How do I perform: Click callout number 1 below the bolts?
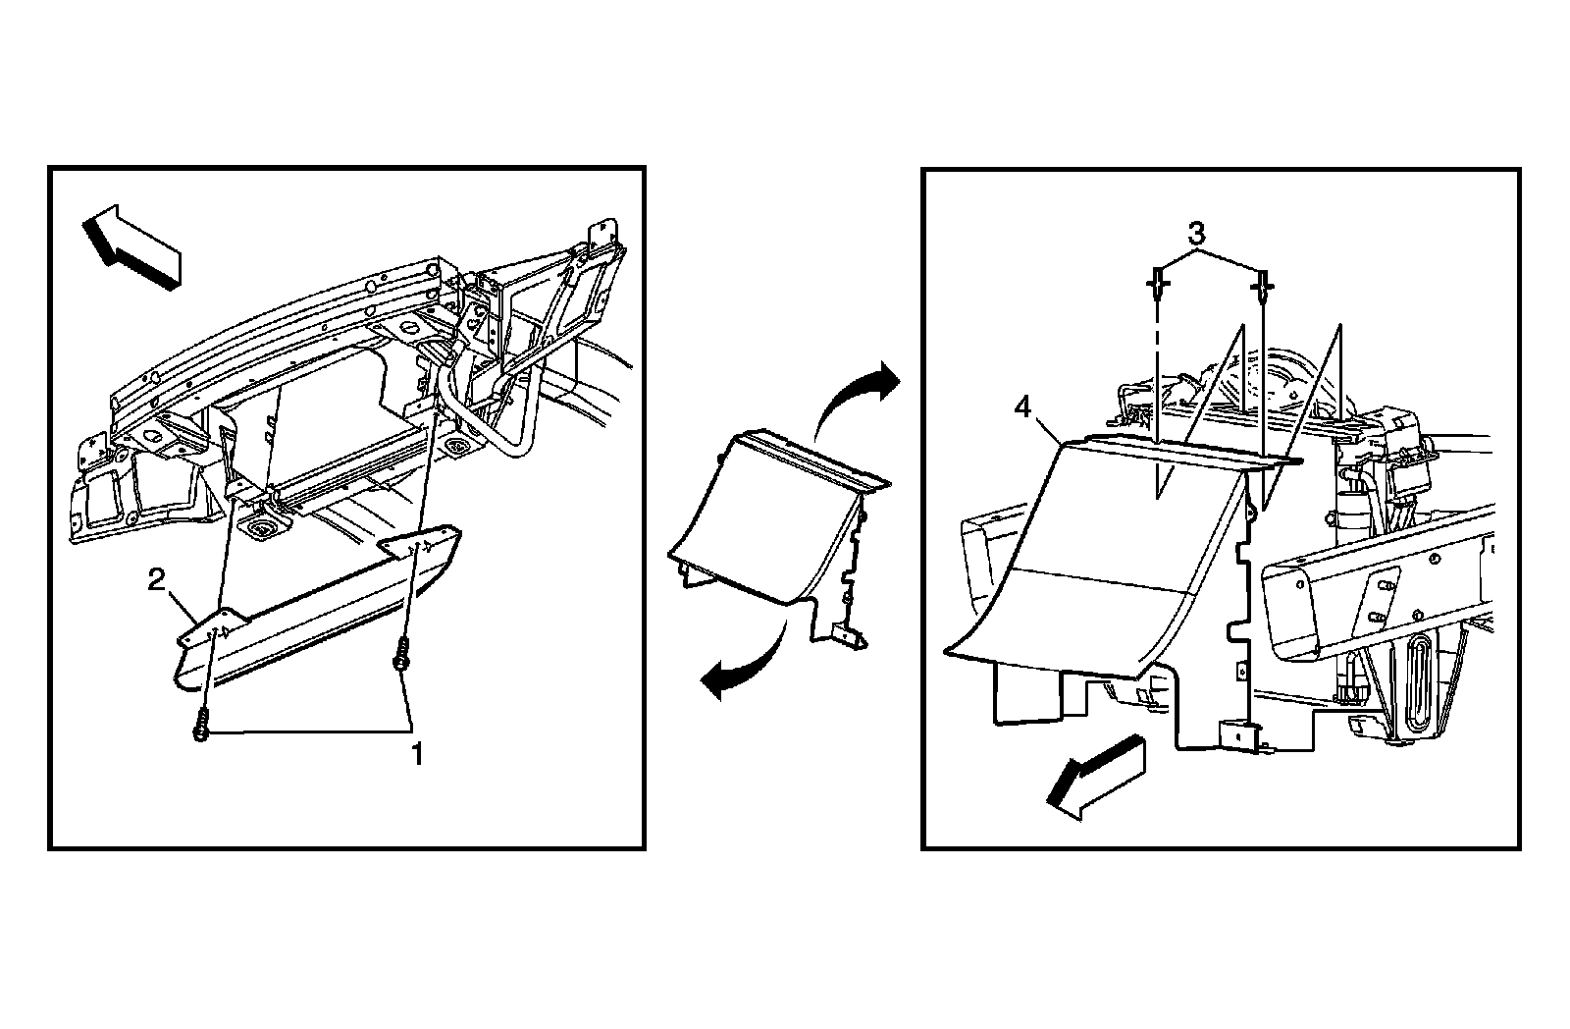(x=417, y=754)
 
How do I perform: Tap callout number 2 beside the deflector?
(x=156, y=581)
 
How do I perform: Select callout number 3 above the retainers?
(x=1195, y=235)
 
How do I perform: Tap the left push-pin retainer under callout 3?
(x=1157, y=286)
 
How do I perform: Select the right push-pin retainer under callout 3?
(x=1263, y=286)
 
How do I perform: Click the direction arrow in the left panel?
(x=131, y=247)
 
